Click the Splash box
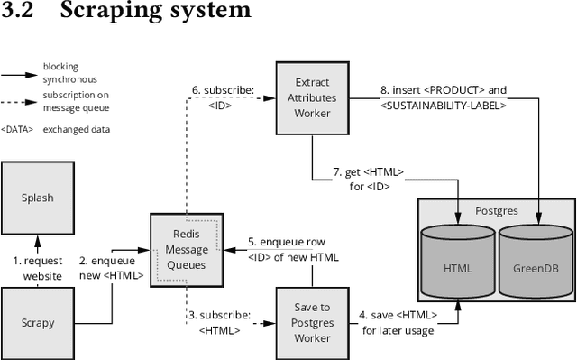point(36,197)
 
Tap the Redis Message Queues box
point(186,250)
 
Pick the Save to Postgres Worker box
point(311,323)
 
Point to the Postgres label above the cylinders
point(496,210)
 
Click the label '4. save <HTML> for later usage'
point(399,322)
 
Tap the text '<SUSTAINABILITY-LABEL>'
point(444,106)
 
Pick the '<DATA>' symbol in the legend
point(17,129)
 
